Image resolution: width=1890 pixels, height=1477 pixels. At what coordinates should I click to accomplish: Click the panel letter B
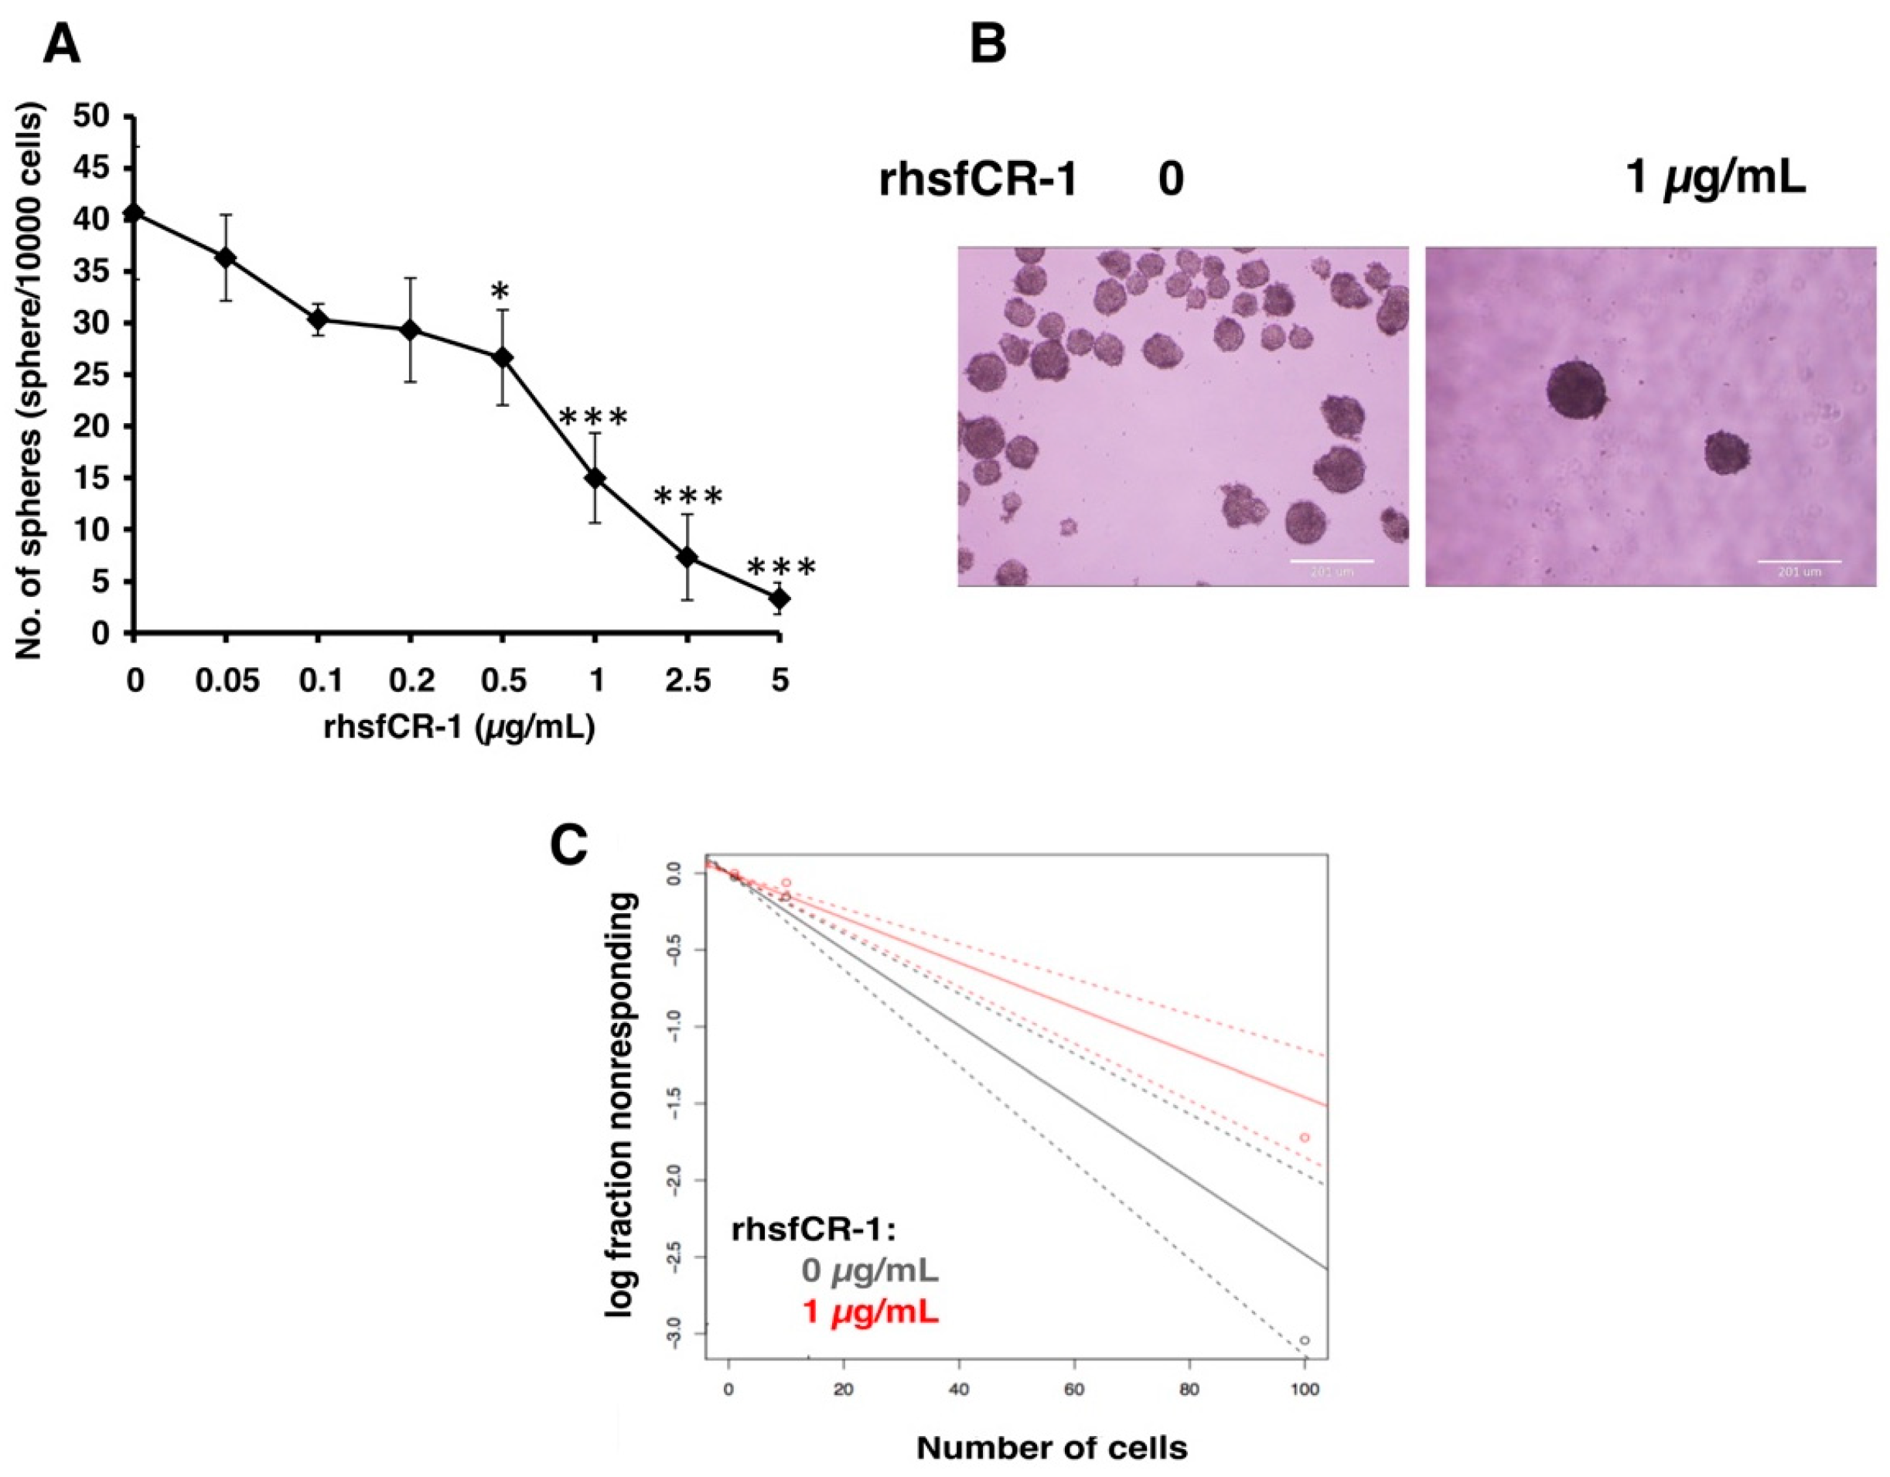click(988, 45)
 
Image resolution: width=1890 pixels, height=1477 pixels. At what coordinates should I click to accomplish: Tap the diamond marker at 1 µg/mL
click(595, 479)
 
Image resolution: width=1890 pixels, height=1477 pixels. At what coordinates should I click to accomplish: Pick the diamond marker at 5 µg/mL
click(780, 598)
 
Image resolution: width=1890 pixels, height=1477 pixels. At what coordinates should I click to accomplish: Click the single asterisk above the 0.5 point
click(500, 292)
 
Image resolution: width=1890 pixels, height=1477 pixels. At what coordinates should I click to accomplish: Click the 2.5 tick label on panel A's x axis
click(687, 682)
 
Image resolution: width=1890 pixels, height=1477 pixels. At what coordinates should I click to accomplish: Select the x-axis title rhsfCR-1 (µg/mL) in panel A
click(459, 727)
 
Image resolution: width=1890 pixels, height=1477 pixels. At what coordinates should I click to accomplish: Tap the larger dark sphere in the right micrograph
click(1576, 390)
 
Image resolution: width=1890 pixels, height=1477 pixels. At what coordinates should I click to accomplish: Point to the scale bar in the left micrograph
click(1332, 561)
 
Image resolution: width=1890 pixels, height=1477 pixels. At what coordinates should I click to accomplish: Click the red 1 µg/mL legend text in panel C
click(870, 1312)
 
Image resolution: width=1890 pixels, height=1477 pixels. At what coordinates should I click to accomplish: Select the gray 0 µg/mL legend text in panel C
click(870, 1271)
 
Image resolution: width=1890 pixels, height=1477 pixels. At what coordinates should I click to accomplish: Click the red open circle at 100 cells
click(1304, 1137)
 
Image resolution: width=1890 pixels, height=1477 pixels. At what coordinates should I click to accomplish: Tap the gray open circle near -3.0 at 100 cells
click(1304, 1340)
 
